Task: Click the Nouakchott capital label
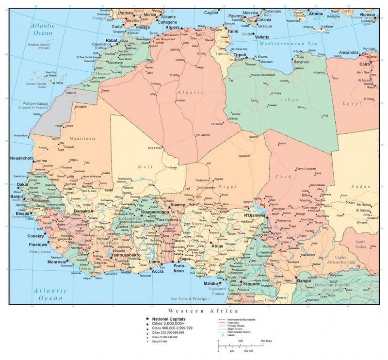[21, 158]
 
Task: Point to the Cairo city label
[365, 64]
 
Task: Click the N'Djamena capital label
[254, 215]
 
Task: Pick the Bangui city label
[304, 280]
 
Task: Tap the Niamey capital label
[178, 205]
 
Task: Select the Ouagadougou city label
[155, 212]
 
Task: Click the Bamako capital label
[81, 212]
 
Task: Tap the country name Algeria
[190, 92]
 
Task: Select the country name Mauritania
[82, 138]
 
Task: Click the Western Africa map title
[203, 310]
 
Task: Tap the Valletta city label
[262, 37]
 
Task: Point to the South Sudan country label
[360, 244]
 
